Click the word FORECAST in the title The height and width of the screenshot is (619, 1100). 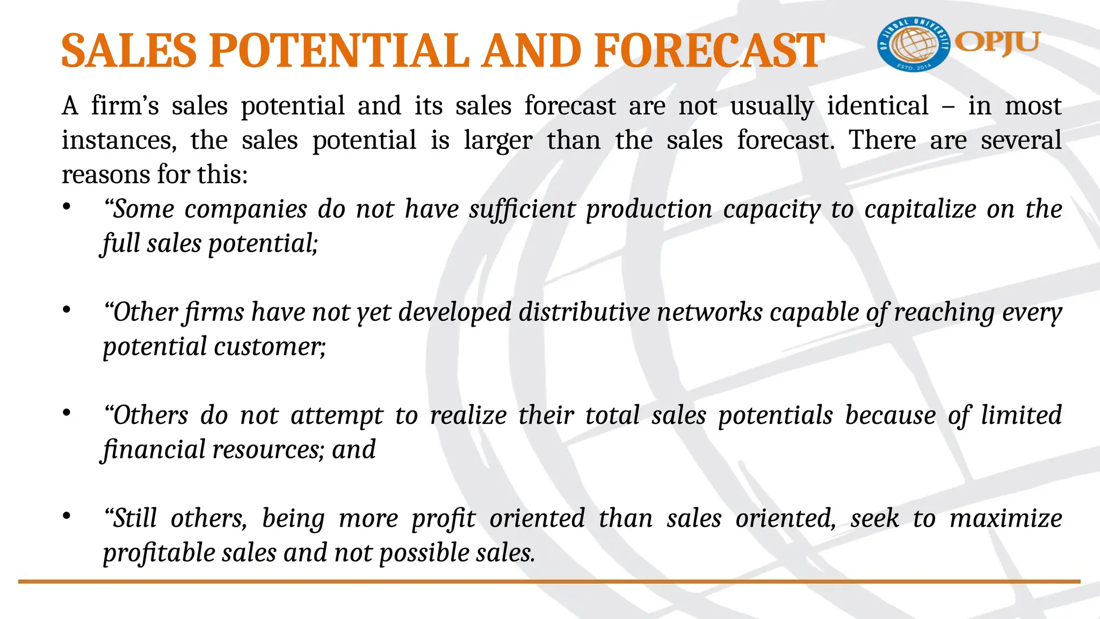pos(709,51)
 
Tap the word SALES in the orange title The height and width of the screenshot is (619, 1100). pos(129,51)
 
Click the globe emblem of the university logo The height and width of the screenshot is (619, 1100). pos(914,45)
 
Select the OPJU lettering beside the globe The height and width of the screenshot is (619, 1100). pos(997,42)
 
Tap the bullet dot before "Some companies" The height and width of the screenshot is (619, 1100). pos(67,207)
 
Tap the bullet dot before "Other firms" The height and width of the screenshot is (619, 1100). pos(67,311)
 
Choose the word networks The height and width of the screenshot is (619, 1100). pos(710,312)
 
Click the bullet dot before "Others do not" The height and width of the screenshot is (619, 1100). pos(67,414)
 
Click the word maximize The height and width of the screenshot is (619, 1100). pos(1005,519)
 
